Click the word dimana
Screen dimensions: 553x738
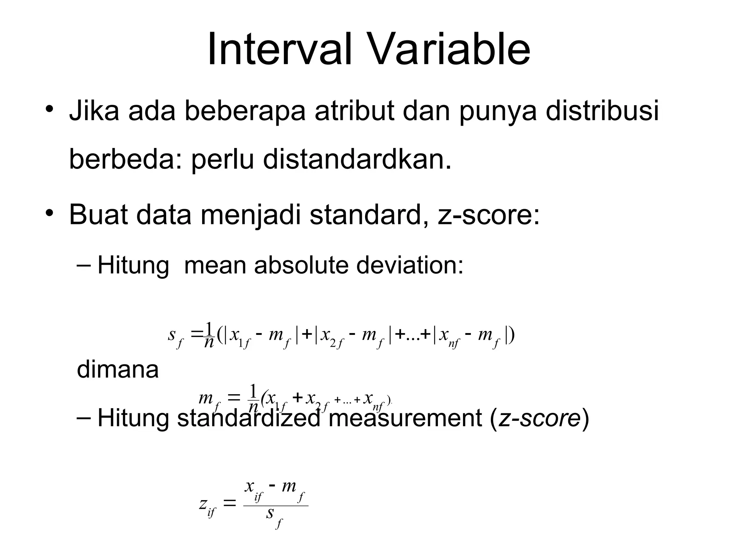[118, 370]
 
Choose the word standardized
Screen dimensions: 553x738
[249, 419]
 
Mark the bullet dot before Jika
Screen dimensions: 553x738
[49, 109]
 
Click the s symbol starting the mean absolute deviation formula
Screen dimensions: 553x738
[172, 335]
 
